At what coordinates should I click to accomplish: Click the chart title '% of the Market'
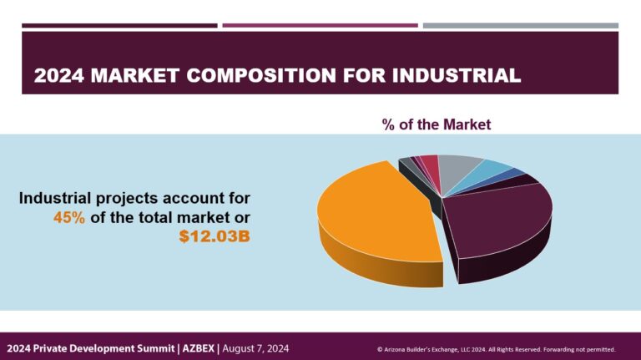[437, 124]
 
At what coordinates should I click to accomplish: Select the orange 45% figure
[69, 218]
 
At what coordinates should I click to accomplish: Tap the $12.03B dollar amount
[215, 236]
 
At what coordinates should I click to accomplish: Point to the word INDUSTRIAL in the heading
[457, 76]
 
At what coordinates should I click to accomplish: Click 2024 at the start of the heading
[59, 76]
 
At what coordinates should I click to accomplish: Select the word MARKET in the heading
[135, 76]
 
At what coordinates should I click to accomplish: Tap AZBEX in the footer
[199, 348]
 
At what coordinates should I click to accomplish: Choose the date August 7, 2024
[255, 348]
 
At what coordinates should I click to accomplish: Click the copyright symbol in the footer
[380, 349]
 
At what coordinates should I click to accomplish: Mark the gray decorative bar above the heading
[521, 25]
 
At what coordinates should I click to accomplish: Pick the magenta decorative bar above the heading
[320, 25]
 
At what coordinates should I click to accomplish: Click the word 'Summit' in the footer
[158, 348]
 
